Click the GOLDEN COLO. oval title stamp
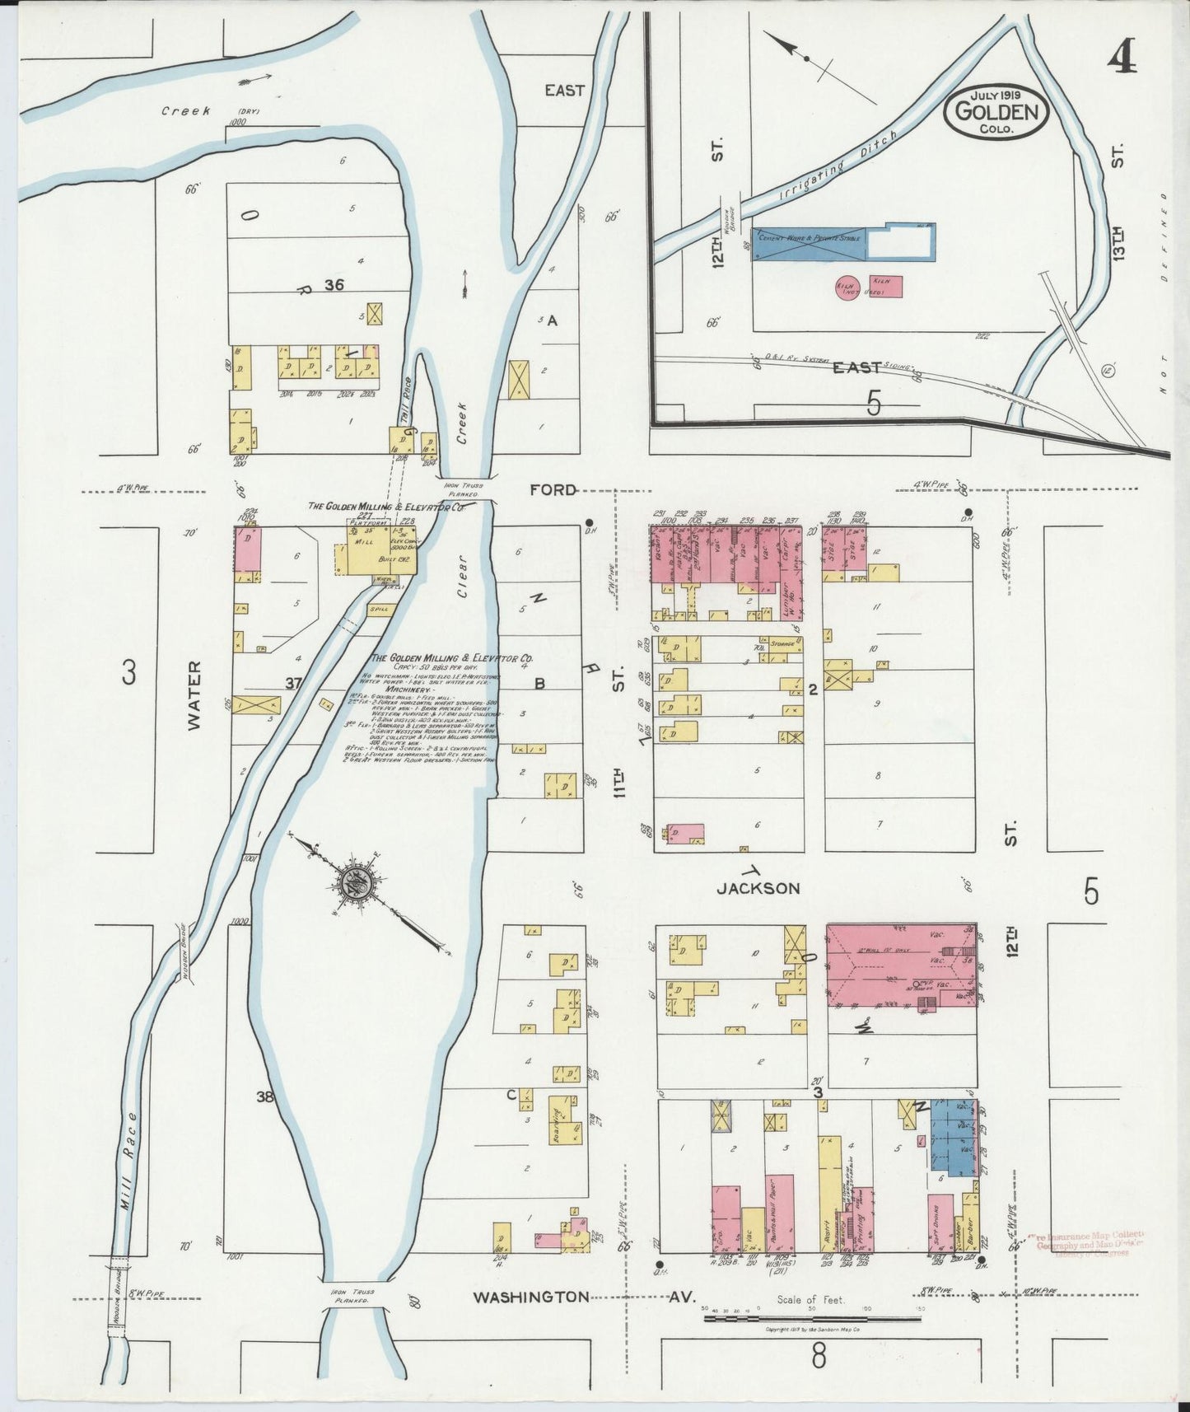click(x=997, y=113)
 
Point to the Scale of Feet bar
click(x=811, y=1319)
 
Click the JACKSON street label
click(x=758, y=888)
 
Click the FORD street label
click(x=553, y=489)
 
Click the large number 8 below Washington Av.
click(x=818, y=1355)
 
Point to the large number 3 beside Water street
click(x=128, y=674)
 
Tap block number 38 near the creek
click(x=264, y=1096)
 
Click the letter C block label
click(x=511, y=1095)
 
